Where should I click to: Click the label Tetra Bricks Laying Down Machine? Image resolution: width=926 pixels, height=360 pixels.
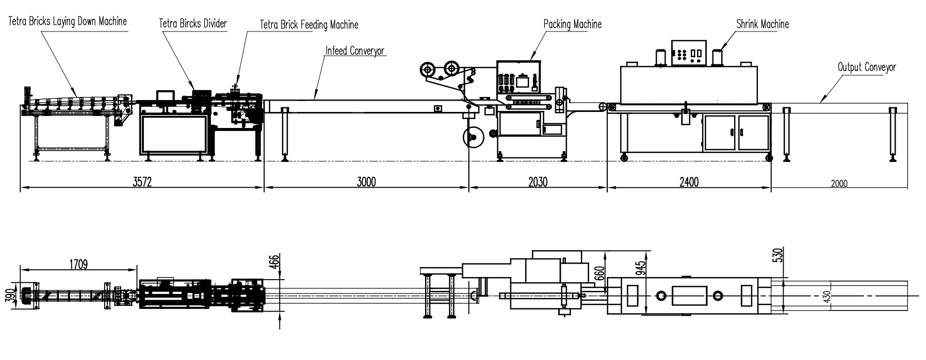click(x=67, y=21)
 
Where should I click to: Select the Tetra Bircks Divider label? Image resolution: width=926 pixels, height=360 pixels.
click(x=193, y=23)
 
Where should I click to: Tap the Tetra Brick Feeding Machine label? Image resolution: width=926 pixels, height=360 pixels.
click(x=309, y=24)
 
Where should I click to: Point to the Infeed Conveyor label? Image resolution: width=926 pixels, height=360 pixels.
click(x=355, y=51)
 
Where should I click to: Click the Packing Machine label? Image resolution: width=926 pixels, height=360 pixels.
click(x=573, y=24)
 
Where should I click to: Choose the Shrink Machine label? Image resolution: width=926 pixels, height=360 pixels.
click(x=762, y=24)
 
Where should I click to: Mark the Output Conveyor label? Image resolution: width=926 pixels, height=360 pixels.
click(x=867, y=67)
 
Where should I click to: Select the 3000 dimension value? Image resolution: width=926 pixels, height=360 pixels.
click(x=365, y=182)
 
